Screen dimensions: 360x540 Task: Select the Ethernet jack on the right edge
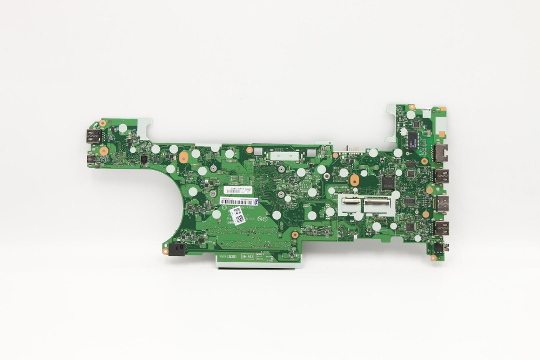441,153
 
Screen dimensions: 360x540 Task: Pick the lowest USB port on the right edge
441,228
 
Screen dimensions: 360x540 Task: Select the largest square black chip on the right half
388,182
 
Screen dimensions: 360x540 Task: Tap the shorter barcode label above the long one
233,191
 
